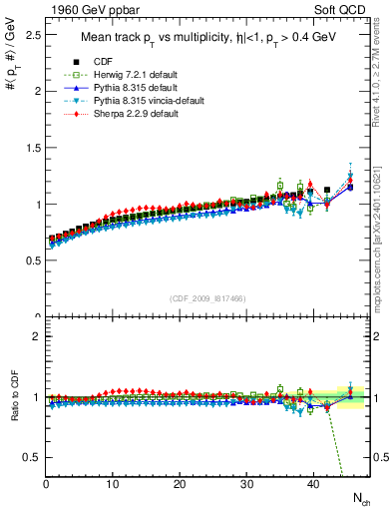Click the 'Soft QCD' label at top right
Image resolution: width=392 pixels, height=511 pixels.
(346, 10)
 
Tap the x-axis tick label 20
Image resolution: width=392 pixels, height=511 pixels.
(180, 484)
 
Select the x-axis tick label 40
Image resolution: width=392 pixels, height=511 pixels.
(313, 484)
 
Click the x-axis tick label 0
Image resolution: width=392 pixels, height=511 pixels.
(46, 484)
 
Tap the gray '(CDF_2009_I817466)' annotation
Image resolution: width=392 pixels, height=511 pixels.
(208, 298)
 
